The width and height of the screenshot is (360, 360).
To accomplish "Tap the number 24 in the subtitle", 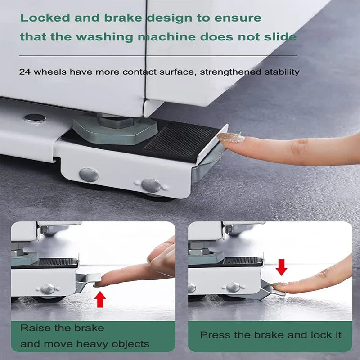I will (24, 72).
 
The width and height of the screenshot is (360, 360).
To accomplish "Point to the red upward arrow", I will (100, 299).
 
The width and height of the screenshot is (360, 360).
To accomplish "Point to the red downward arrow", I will (281, 267).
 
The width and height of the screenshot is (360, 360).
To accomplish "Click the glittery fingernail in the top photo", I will (231, 138).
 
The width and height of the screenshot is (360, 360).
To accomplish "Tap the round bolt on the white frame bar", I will (35, 118).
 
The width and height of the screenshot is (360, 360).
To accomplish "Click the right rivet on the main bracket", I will (151, 185).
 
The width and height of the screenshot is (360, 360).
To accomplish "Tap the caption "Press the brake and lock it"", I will (270, 335).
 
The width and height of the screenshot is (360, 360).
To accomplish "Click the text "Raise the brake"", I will (62, 328).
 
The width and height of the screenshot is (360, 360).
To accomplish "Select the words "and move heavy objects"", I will (85, 344).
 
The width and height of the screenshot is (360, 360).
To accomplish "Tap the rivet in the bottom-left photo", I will (48, 289).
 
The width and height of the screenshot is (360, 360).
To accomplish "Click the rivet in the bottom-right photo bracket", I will (233, 287).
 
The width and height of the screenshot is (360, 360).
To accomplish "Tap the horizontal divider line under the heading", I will (157, 55).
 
